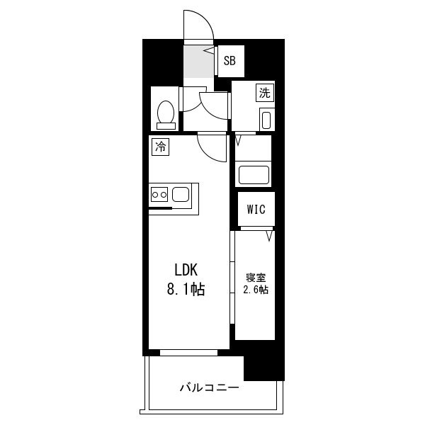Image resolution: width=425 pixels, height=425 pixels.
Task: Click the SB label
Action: (x=229, y=61)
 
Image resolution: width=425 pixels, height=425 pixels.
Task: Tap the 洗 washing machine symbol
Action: (x=265, y=93)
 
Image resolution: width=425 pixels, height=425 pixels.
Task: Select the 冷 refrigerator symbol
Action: (x=160, y=147)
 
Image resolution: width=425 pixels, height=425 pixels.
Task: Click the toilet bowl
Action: (x=166, y=112)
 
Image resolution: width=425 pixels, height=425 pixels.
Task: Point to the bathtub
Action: (x=254, y=174)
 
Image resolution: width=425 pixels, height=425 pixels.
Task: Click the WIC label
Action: (x=256, y=209)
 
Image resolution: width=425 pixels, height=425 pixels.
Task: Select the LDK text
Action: (x=186, y=270)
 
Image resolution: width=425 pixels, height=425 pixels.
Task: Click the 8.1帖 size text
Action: (x=186, y=289)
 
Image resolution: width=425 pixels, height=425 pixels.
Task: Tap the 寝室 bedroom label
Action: (x=256, y=278)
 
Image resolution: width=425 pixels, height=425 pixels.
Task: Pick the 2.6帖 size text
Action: (x=256, y=290)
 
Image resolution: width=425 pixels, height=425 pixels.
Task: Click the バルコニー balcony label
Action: (x=210, y=387)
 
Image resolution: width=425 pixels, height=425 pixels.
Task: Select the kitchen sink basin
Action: (x=181, y=194)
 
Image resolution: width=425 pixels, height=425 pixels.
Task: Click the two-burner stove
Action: (x=159, y=194)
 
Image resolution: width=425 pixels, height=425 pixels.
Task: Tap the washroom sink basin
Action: (x=266, y=120)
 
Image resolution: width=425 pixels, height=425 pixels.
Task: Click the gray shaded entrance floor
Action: (x=198, y=62)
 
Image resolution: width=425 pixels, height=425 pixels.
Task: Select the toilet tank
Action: (x=166, y=126)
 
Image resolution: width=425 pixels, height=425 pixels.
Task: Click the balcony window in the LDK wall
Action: (x=188, y=353)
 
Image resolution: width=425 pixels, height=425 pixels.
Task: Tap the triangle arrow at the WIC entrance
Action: (x=269, y=236)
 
